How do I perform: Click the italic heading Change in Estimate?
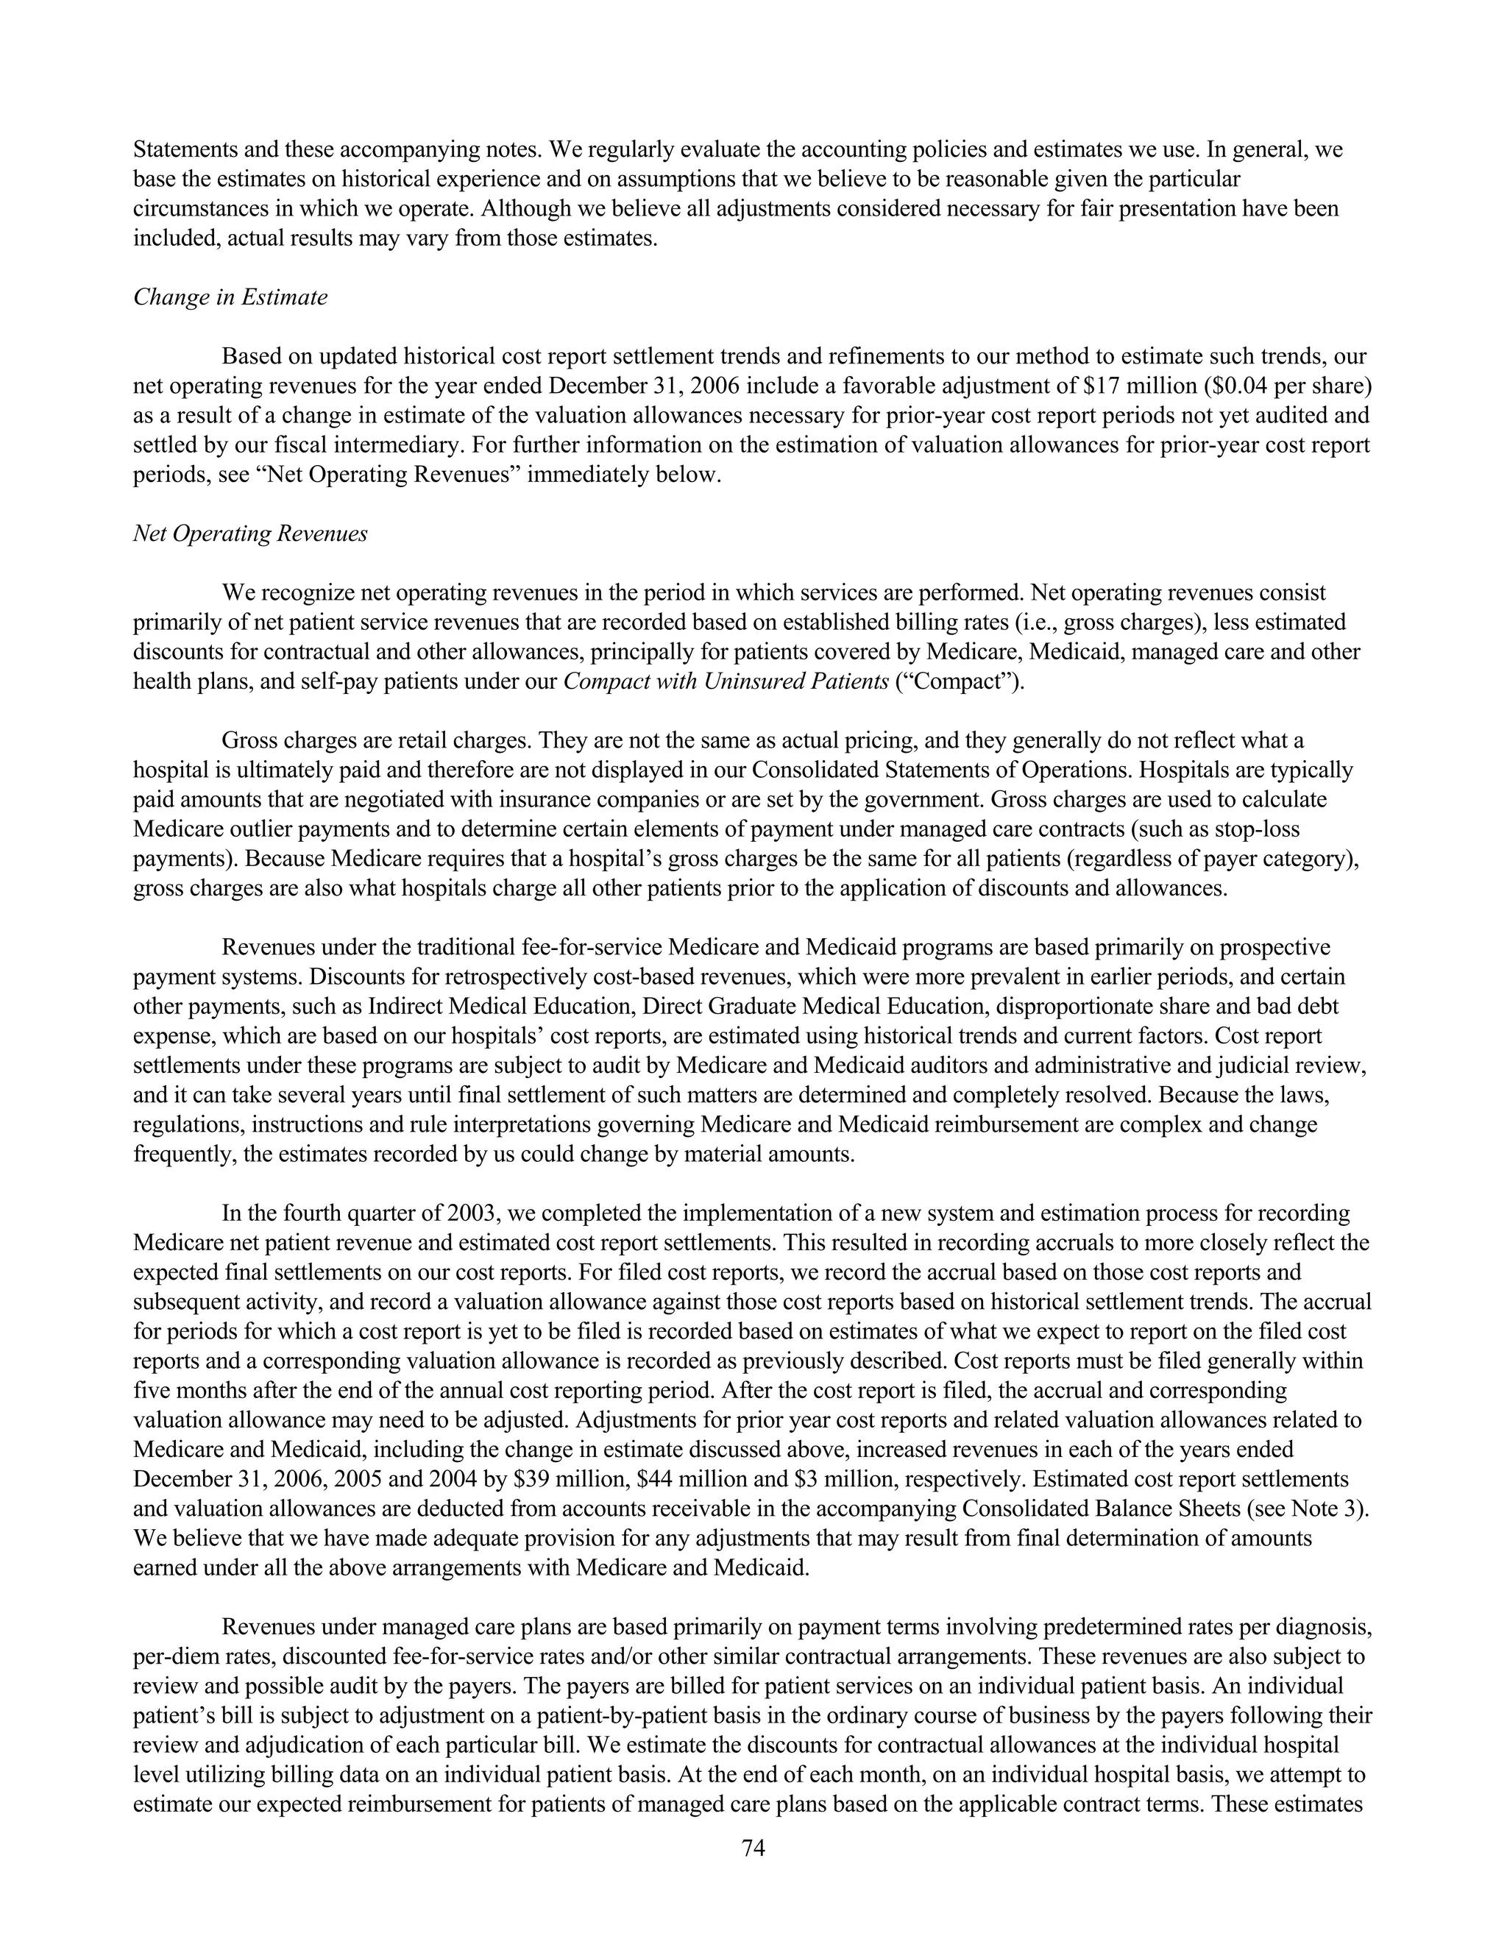tap(230, 297)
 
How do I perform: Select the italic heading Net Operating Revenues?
tap(250, 534)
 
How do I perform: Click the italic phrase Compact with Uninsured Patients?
tap(725, 682)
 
